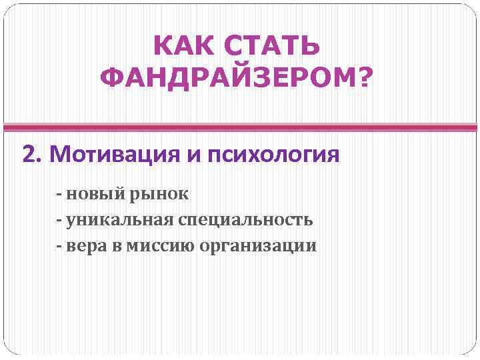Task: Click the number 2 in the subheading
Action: pyautogui.click(x=29, y=155)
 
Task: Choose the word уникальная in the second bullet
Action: pyautogui.click(x=121, y=220)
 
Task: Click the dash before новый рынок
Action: pyautogui.click(x=60, y=195)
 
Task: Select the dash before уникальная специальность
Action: pyautogui.click(x=60, y=220)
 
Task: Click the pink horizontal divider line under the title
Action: pyautogui.click(x=240, y=127)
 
